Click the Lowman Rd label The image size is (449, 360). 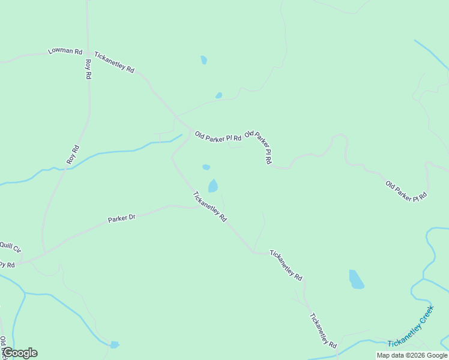(65, 52)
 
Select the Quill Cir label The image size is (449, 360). (10, 246)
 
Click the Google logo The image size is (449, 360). (20, 353)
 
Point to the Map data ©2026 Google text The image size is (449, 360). (412, 355)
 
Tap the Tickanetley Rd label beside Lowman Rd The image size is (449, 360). (114, 61)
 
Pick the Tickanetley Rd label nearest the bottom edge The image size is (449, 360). (323, 331)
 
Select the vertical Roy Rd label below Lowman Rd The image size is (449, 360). (88, 70)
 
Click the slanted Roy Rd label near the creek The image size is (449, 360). (73, 155)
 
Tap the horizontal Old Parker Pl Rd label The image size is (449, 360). (217, 137)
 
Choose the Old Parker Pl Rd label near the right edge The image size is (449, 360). (406, 191)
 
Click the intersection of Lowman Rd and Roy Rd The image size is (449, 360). (88, 52)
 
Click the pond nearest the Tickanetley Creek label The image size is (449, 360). (357, 280)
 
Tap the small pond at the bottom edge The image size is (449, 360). (114, 345)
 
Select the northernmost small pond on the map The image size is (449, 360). (204, 60)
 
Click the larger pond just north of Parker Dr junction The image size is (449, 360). (213, 186)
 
